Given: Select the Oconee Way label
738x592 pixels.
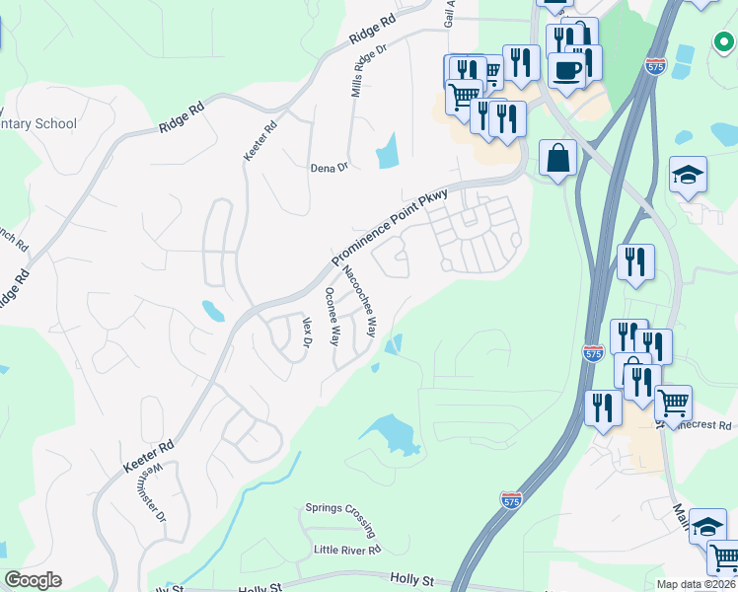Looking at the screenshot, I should tap(332, 316).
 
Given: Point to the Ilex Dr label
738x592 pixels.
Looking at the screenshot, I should tap(307, 332).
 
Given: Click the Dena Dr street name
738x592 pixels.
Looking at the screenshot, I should tap(330, 168).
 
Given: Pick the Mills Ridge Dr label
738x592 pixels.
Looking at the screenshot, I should tap(369, 75).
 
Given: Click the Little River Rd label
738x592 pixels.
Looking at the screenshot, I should tap(346, 550).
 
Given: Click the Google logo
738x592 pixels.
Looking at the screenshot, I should tap(33, 580).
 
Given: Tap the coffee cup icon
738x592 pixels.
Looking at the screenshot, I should tap(566, 71).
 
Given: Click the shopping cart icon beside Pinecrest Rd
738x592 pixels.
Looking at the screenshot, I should tap(673, 402).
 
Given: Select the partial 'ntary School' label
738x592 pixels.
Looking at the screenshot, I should tap(39, 124).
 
